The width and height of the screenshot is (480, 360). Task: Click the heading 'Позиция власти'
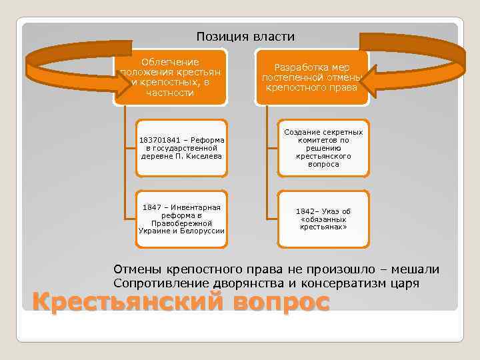click(x=245, y=36)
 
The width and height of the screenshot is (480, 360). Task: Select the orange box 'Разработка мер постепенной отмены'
click(x=311, y=76)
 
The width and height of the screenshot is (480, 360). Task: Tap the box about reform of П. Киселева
click(x=182, y=147)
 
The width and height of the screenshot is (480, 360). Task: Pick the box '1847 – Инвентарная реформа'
click(x=182, y=219)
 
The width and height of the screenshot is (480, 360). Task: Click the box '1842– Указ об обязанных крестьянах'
click(x=323, y=219)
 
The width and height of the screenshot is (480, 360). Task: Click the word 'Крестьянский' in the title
click(x=127, y=302)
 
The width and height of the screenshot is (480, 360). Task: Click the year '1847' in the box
click(x=151, y=207)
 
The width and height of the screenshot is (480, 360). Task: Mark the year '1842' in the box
click(x=304, y=211)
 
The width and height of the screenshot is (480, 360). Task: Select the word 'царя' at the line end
click(x=406, y=283)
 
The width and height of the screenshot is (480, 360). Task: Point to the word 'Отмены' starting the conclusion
click(x=136, y=269)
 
